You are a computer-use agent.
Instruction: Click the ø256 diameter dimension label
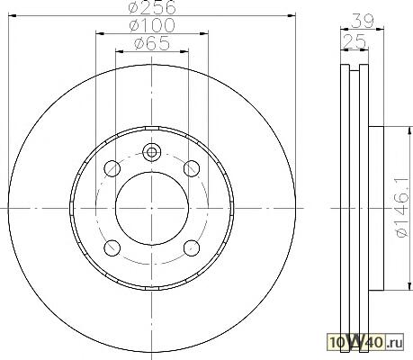click(x=152, y=7)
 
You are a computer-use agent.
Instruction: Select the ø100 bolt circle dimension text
click(x=152, y=25)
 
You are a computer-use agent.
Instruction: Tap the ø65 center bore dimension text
click(x=152, y=43)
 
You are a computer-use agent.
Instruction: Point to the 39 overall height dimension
click(x=362, y=21)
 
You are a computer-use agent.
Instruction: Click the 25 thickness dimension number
click(x=355, y=41)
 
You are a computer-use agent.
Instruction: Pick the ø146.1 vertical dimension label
click(x=402, y=207)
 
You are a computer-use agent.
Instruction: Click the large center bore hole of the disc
click(x=152, y=208)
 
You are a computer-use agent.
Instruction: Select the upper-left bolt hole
click(x=112, y=168)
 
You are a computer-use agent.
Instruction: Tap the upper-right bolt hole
click(x=192, y=168)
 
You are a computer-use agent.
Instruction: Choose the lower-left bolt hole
click(x=112, y=248)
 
